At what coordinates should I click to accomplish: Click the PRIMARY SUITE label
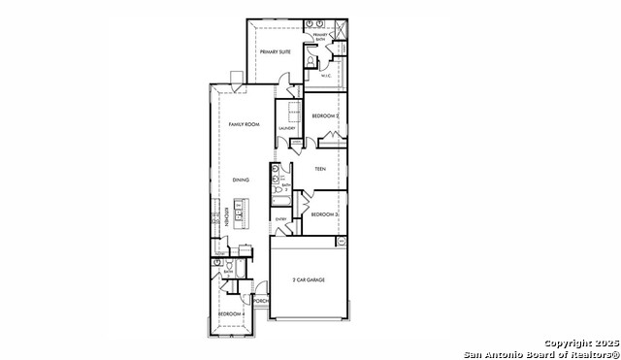(276, 51)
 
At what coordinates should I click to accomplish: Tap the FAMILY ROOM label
(244, 125)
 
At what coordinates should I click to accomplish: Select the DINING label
(242, 180)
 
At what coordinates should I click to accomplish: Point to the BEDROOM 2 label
(324, 116)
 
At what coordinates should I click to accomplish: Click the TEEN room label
(320, 170)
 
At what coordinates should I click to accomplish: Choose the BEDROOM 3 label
(324, 213)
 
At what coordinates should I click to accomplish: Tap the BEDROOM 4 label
(230, 314)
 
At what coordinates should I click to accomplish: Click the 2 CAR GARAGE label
(309, 279)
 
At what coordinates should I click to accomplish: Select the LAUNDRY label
(287, 128)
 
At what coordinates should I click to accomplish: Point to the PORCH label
(260, 301)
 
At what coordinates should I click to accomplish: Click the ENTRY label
(281, 219)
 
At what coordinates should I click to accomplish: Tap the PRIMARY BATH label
(320, 37)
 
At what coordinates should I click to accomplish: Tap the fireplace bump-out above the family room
(236, 78)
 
